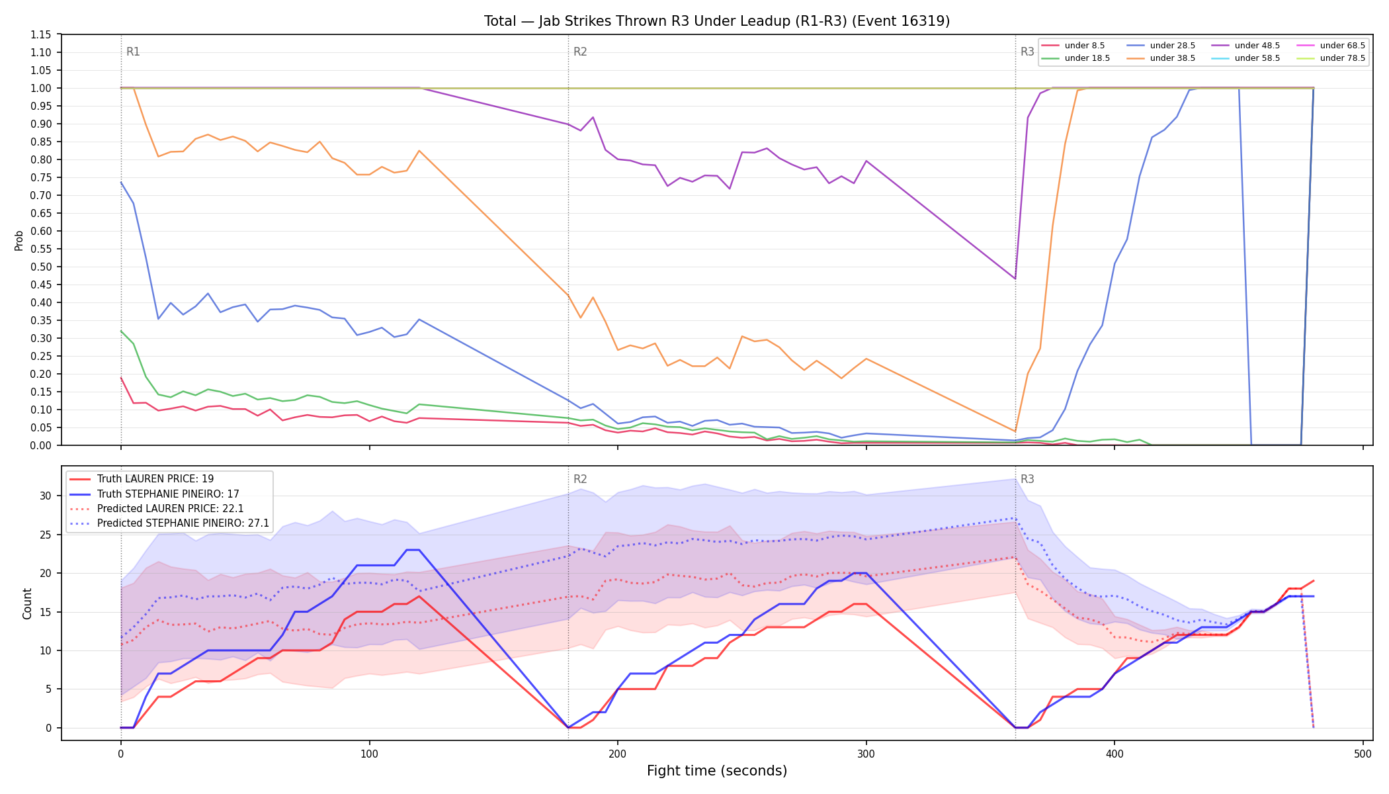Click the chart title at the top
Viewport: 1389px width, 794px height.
coord(717,21)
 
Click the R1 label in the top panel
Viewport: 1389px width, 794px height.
coord(133,52)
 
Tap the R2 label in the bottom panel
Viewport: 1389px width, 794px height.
coord(580,479)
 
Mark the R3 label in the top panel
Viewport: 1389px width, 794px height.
coord(1027,52)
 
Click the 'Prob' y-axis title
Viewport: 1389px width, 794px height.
coord(19,240)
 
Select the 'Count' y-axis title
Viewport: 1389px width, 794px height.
coord(27,603)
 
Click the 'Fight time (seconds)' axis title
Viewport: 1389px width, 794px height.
coord(717,771)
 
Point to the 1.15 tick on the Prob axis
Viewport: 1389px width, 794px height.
coord(41,34)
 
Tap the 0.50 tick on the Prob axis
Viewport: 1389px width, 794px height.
coord(41,267)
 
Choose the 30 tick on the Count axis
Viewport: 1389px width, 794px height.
coord(46,496)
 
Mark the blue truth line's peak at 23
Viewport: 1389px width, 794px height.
coord(413,550)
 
